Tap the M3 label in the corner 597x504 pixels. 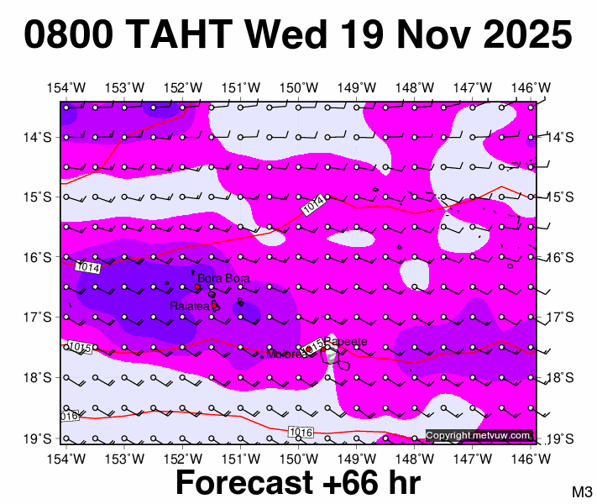[x=583, y=491]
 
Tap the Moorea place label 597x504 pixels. [x=284, y=354]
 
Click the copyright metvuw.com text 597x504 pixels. [x=479, y=435]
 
